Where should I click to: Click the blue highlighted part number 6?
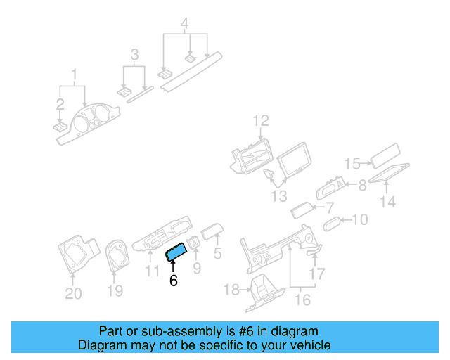point(176,252)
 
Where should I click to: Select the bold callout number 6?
point(174,281)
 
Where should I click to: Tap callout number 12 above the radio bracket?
point(261,120)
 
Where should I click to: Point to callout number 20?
point(73,293)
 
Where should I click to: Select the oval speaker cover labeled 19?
point(117,255)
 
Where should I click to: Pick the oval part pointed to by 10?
point(333,224)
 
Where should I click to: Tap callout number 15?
point(352,164)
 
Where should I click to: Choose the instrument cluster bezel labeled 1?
point(88,124)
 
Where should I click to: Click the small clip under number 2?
point(60,127)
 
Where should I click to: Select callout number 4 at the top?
point(184,23)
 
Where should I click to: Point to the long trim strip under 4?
point(191,72)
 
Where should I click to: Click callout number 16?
point(302,300)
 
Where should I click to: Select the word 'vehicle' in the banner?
point(313,345)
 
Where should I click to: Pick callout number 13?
point(279,196)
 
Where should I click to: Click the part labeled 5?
point(212,231)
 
